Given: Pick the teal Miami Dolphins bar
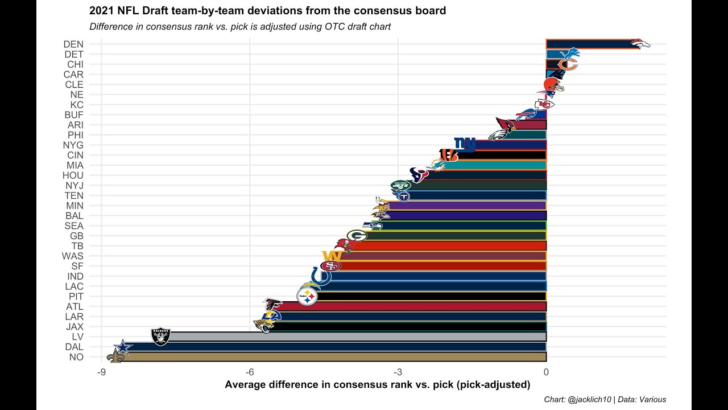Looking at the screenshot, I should (x=495, y=165).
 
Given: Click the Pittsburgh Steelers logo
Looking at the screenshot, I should (x=307, y=296).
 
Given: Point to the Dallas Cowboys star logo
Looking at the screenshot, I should (x=122, y=347).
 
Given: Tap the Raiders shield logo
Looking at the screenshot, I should (x=160, y=336).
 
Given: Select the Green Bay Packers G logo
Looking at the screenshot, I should (x=357, y=235).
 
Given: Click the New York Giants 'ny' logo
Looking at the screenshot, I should (x=464, y=145).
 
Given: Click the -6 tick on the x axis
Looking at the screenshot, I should (x=250, y=372).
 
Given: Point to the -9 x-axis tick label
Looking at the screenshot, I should (x=101, y=372).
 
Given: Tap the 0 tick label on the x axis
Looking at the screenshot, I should (x=546, y=372).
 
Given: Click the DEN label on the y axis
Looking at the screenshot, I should (x=73, y=44).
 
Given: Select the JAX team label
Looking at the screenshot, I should (x=74, y=327).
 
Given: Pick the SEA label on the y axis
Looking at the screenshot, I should (x=74, y=226).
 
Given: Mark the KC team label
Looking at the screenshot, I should (x=77, y=105).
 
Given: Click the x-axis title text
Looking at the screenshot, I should (x=377, y=385).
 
